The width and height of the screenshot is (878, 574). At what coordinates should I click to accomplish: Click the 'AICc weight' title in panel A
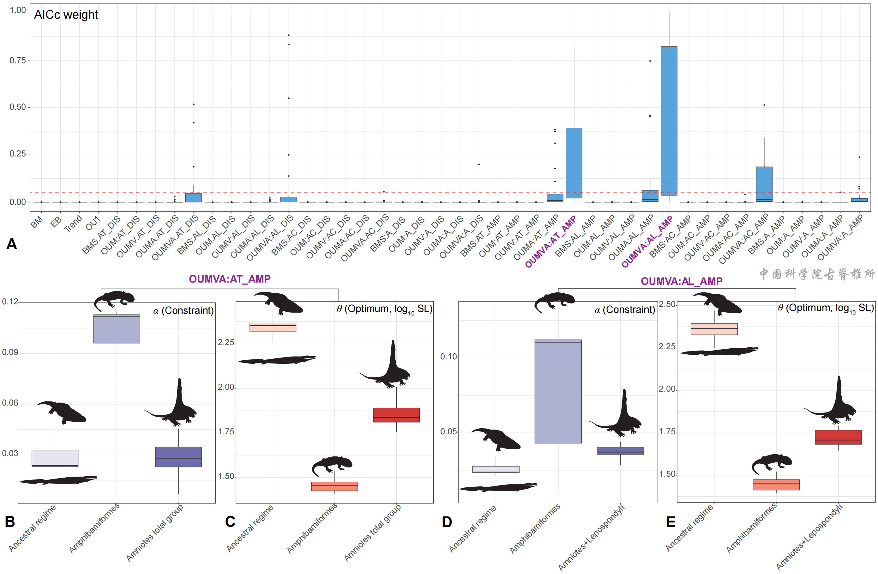pyautogui.click(x=66, y=15)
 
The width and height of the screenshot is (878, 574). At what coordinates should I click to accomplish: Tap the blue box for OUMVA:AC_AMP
pyautogui.click(x=764, y=184)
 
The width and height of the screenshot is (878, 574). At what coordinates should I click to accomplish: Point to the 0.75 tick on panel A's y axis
pyautogui.click(x=17, y=60)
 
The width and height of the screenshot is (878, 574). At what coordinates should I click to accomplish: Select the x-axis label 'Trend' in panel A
pyautogui.click(x=73, y=224)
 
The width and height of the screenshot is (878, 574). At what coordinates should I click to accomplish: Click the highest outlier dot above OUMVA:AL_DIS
pyautogui.click(x=288, y=35)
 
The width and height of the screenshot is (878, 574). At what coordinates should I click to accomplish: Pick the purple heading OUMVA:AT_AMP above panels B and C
pyautogui.click(x=230, y=279)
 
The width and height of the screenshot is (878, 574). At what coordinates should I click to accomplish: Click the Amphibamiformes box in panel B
pyautogui.click(x=117, y=329)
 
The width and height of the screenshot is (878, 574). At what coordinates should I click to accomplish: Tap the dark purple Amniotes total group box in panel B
pyautogui.click(x=178, y=457)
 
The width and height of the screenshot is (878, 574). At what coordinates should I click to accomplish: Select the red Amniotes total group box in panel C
pyautogui.click(x=396, y=415)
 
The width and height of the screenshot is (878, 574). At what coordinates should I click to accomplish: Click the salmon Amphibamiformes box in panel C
pyautogui.click(x=334, y=486)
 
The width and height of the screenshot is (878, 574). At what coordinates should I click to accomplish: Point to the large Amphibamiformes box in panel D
pyautogui.click(x=558, y=391)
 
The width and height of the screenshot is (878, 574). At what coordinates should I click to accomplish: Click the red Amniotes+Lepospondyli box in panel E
pyautogui.click(x=838, y=437)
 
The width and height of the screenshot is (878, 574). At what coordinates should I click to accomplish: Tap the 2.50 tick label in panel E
pyautogui.click(x=667, y=304)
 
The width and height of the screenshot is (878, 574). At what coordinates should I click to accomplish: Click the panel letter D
pyautogui.click(x=447, y=522)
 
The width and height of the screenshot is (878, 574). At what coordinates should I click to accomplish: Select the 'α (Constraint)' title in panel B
pyautogui.click(x=183, y=310)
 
